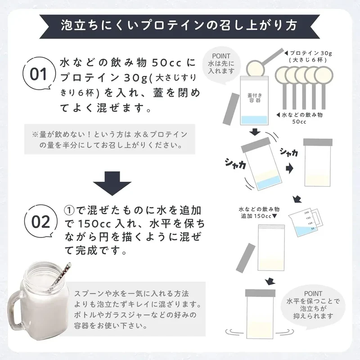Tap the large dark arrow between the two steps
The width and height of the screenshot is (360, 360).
click(x=112, y=183)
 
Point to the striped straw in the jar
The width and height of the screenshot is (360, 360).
click(x=61, y=274)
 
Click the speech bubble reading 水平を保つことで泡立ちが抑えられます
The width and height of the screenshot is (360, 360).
click(x=313, y=305)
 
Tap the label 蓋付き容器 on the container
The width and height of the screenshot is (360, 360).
click(x=254, y=98)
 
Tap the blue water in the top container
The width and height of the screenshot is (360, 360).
click(x=254, y=120)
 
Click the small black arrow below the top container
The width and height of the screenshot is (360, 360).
click(x=255, y=132)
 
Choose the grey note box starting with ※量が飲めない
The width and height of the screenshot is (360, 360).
click(x=110, y=139)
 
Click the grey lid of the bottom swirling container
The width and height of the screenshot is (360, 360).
click(x=260, y=293)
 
